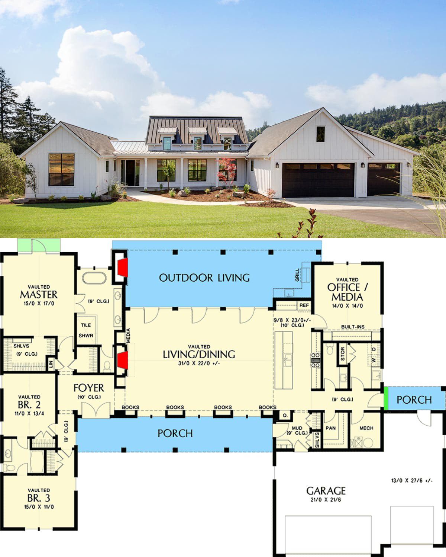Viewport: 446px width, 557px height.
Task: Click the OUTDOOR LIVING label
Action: pos(204,278)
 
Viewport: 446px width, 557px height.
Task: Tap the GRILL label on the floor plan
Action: pos(297,275)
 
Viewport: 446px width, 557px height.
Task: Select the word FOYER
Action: pos(89,388)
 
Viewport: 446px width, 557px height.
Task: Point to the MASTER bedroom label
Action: pos(39,295)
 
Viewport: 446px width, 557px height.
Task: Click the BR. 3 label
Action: pos(39,498)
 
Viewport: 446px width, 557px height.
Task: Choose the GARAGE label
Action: pos(326,490)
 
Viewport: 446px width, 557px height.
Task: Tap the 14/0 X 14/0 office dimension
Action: pos(347,306)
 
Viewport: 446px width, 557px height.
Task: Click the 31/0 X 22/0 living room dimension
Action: pos(199,363)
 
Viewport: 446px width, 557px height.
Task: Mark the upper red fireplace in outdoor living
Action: pos(123,268)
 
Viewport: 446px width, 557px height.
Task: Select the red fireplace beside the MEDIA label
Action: pos(123,360)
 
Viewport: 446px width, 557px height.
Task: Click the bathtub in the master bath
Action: pos(94,278)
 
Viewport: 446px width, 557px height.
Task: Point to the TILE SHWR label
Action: pos(86,330)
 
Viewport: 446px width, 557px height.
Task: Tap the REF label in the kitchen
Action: pos(304,305)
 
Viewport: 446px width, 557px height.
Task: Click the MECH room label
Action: pos(366,428)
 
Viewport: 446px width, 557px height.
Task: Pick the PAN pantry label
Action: pos(331,428)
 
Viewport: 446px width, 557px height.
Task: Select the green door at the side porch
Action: pos(386,398)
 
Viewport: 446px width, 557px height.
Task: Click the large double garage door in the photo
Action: pos(318,180)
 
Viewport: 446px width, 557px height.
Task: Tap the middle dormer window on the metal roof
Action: pos(197,143)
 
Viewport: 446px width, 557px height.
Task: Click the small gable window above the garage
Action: pos(320,134)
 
